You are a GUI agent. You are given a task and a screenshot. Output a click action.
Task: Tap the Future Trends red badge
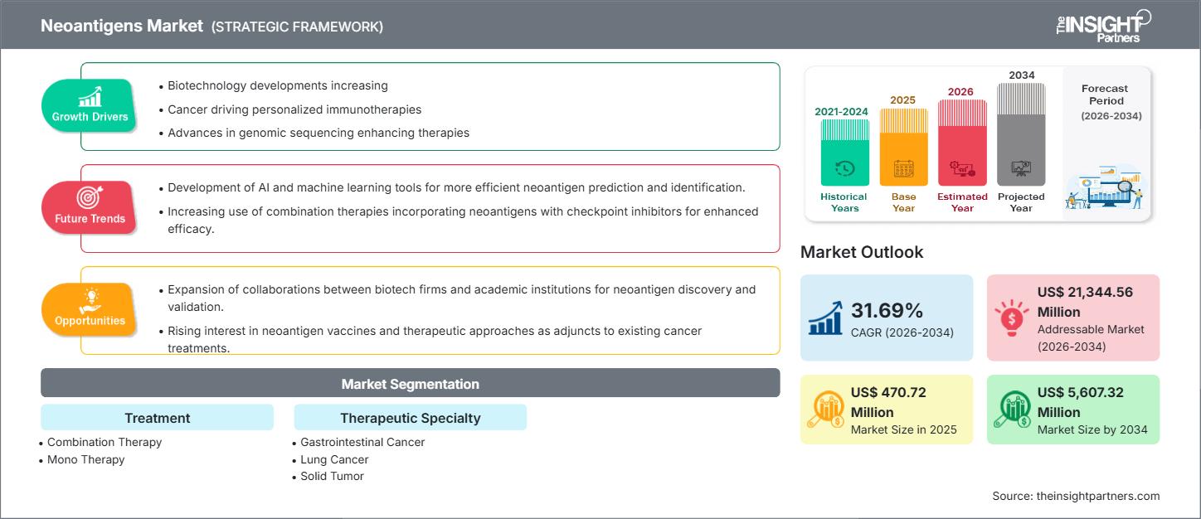coord(90,207)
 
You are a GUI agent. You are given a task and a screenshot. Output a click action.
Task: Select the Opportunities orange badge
coord(90,309)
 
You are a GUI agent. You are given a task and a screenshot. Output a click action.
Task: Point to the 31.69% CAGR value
coord(887,310)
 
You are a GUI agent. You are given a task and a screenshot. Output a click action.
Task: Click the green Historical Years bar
coord(844,153)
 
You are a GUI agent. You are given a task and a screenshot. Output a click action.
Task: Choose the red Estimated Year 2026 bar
coord(962,143)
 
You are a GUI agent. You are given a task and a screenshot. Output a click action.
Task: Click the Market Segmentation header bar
coord(410,384)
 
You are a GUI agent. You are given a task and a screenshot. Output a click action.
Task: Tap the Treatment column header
coord(157,418)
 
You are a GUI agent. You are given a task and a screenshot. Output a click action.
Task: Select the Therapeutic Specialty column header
coord(410,418)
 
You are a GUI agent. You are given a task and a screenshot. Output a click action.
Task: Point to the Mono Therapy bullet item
coord(85,459)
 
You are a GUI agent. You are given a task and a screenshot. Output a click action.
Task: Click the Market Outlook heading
coord(861,252)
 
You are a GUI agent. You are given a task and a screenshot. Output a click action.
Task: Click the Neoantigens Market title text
coord(122,26)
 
